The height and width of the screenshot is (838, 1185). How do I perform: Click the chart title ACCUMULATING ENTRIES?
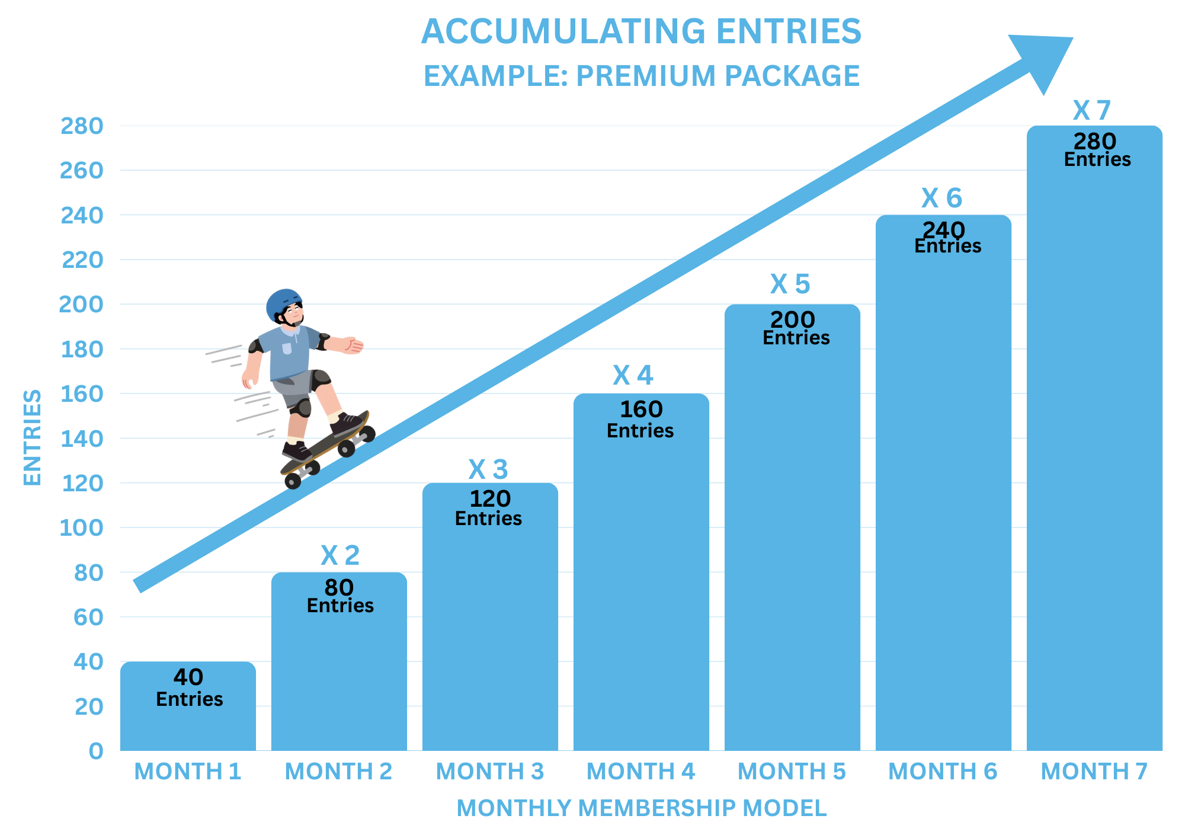tap(641, 31)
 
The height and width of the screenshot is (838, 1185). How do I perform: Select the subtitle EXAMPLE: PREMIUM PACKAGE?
tap(641, 76)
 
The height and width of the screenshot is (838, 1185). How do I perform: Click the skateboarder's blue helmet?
tap(281, 302)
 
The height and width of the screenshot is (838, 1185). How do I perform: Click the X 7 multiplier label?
tap(1091, 110)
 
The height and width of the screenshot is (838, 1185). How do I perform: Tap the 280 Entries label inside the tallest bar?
tap(1096, 149)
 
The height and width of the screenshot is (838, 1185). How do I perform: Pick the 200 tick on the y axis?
tap(81, 305)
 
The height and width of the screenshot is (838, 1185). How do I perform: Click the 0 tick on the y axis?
tap(95, 751)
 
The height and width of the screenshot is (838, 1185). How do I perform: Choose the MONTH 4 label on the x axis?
tap(640, 771)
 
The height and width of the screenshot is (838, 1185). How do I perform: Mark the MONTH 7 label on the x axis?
tap(1094, 771)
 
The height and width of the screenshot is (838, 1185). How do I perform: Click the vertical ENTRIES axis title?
tap(32, 437)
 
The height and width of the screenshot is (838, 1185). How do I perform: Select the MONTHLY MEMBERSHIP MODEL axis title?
tap(641, 808)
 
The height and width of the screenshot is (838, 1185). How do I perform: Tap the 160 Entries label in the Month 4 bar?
tap(640, 419)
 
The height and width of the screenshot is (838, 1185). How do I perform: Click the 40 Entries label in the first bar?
tap(189, 687)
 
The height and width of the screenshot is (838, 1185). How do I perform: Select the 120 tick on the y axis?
tap(82, 484)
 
